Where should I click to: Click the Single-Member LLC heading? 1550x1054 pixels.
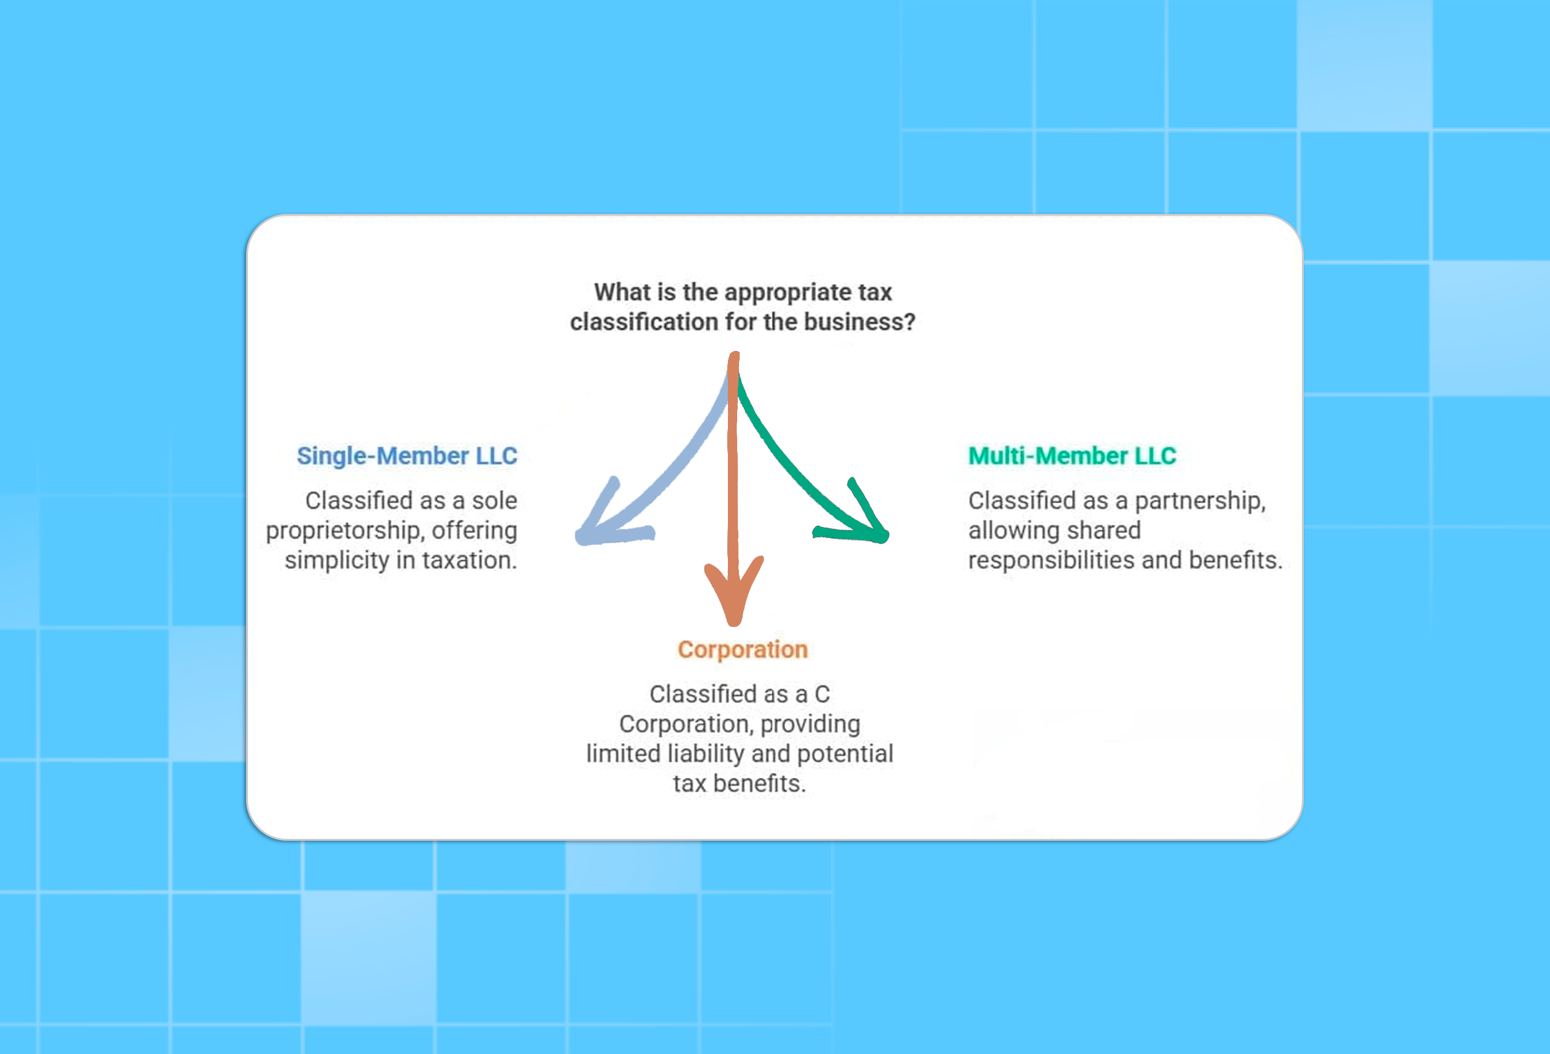[407, 456]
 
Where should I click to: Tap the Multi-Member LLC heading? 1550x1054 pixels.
[1072, 456]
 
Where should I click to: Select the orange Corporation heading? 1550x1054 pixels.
[742, 650]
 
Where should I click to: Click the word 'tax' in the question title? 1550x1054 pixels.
[875, 292]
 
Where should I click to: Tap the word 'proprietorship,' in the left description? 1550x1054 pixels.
[345, 531]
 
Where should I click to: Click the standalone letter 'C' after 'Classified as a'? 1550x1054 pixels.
[821, 694]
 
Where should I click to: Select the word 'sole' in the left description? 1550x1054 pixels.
[494, 501]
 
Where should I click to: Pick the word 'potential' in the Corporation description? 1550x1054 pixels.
[845, 754]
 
